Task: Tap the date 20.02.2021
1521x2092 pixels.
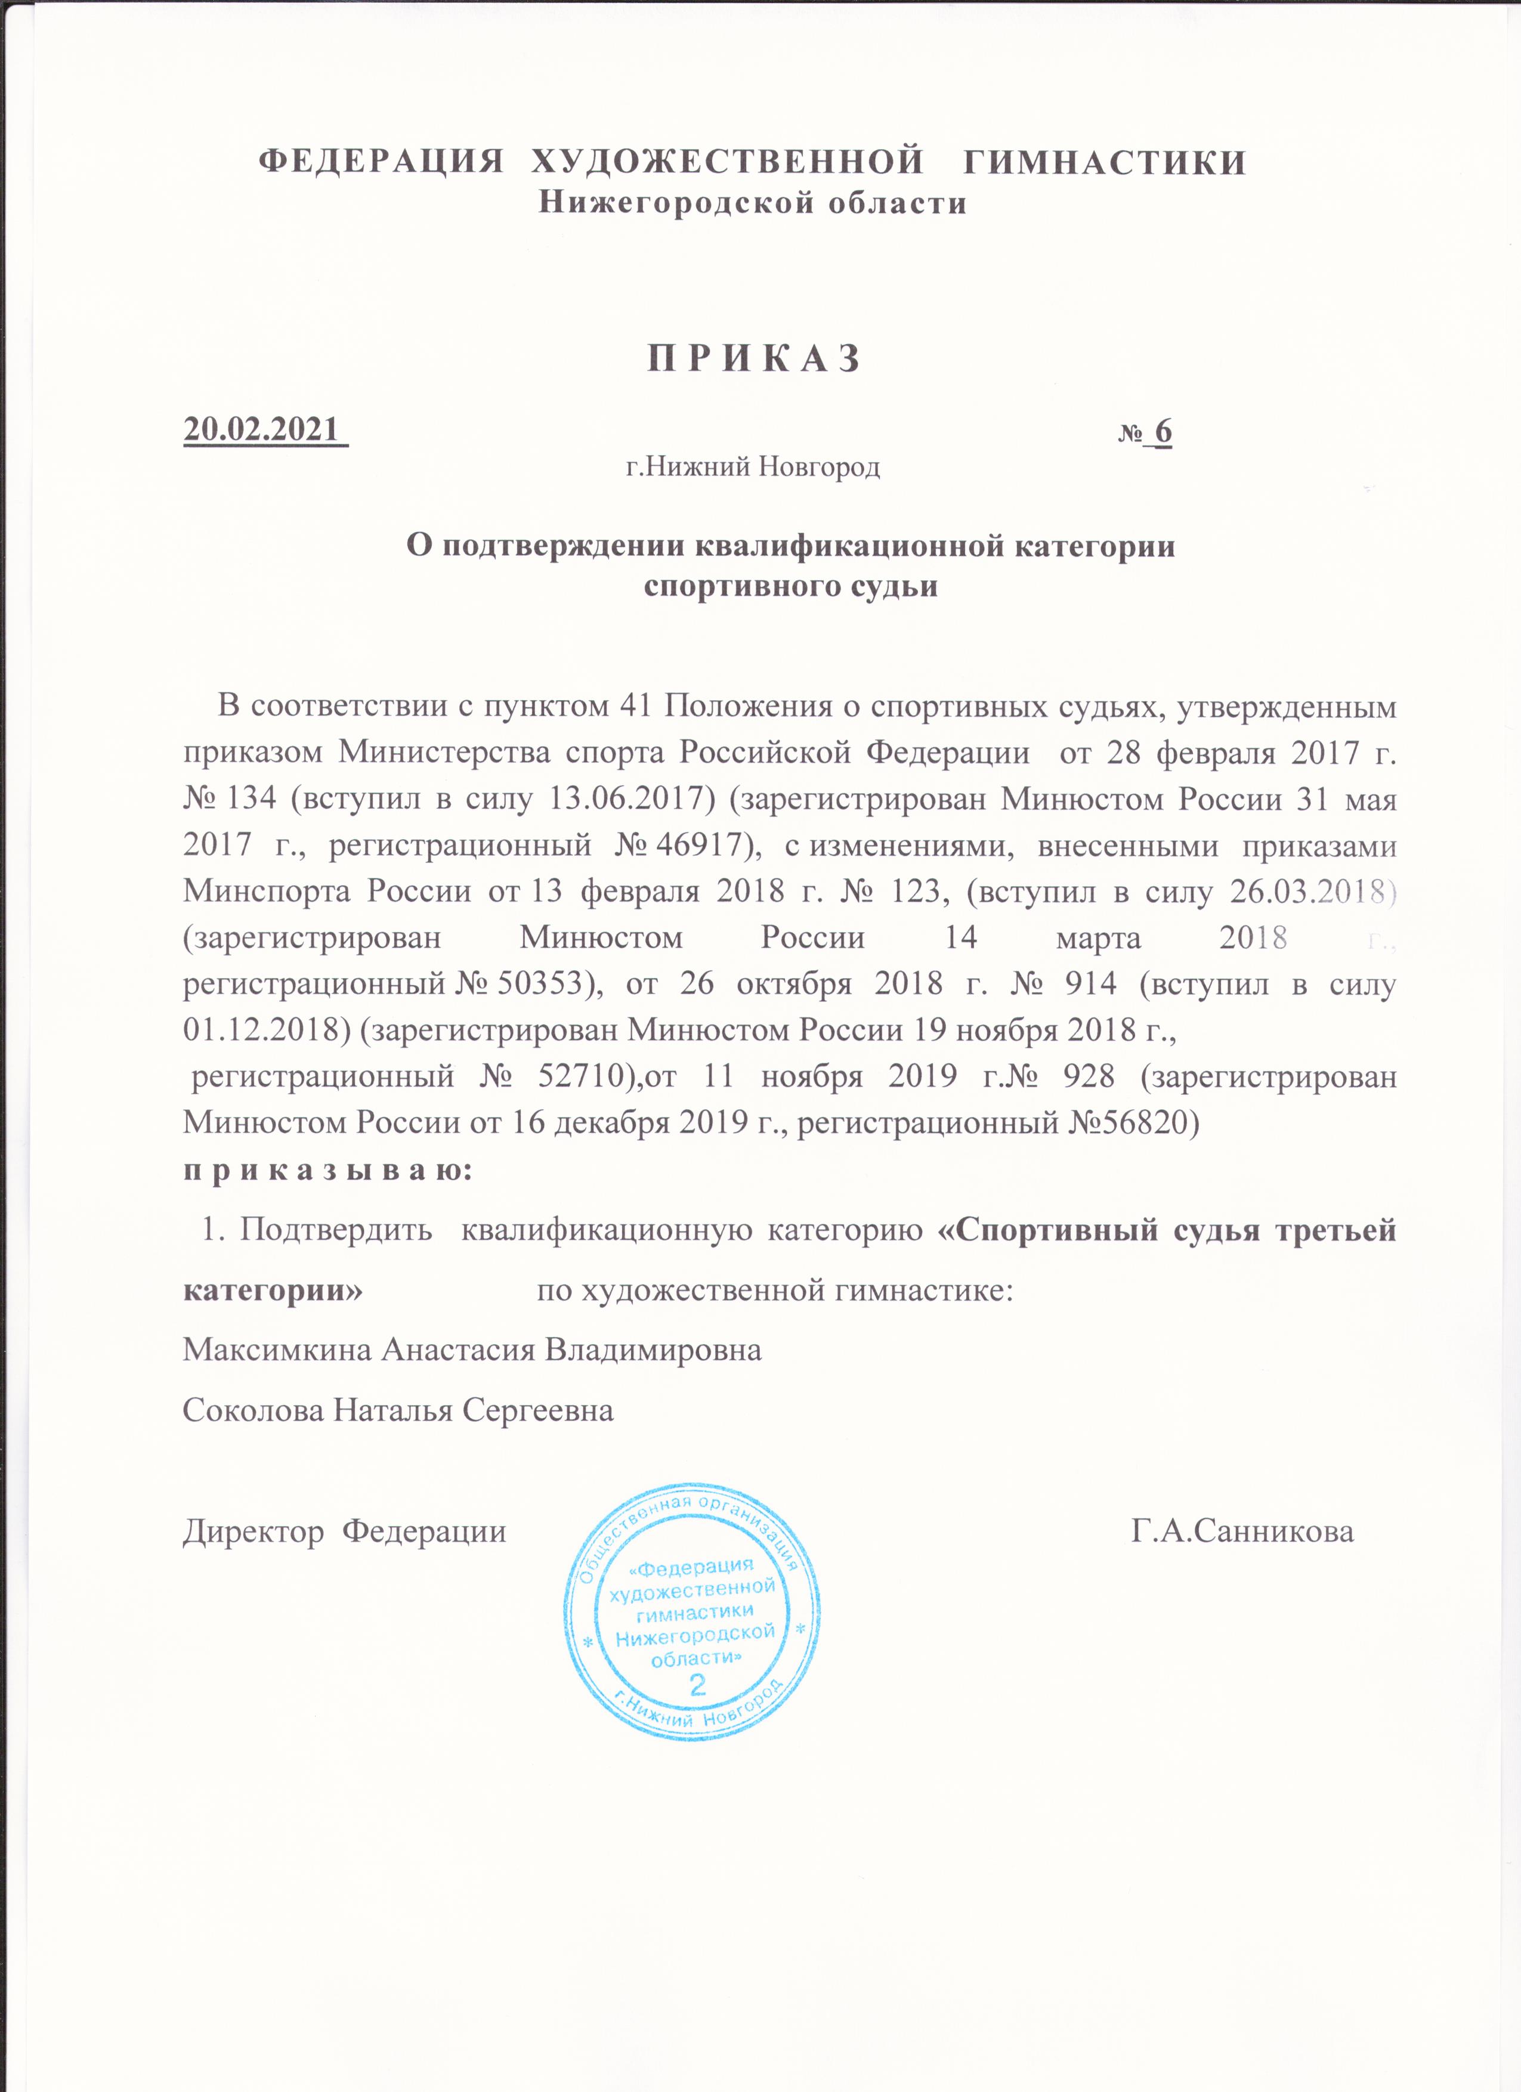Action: click(x=261, y=430)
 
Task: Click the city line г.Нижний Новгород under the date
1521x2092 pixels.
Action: click(x=753, y=468)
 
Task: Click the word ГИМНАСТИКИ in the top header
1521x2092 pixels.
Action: click(x=1104, y=162)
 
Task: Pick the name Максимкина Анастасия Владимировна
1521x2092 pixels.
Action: click(x=472, y=1350)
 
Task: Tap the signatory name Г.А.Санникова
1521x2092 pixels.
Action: click(x=1242, y=1531)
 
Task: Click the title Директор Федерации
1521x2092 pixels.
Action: click(x=344, y=1531)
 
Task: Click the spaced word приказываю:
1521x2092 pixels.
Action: click(x=327, y=1171)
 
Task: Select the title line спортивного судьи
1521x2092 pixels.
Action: click(x=790, y=587)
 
